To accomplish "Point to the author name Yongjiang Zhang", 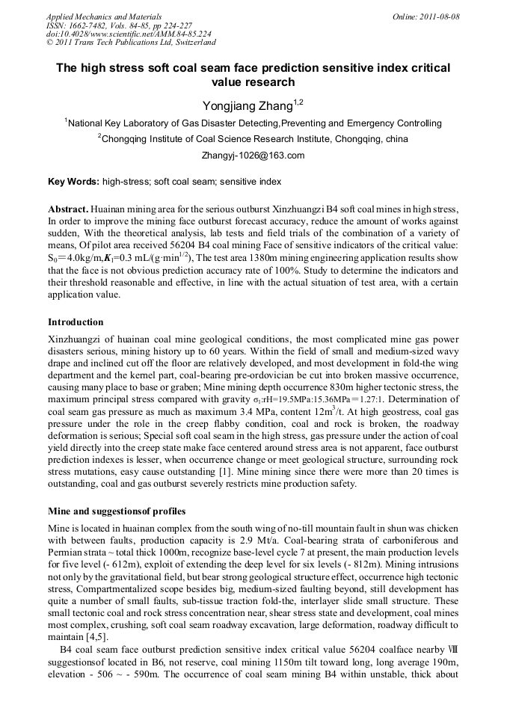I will click(x=248, y=107).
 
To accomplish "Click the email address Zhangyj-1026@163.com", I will click(x=253, y=156).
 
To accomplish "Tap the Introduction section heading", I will click(x=76, y=322).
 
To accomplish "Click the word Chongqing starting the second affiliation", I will click(x=127, y=139).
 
